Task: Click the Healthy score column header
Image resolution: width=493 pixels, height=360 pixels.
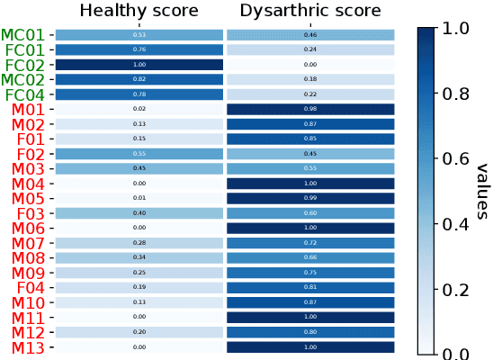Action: pos(139,11)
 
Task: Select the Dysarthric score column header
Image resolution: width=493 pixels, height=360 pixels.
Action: pos(310,11)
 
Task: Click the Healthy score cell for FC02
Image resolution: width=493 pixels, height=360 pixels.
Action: pos(139,65)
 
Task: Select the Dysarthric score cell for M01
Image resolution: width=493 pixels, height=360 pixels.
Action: pos(310,109)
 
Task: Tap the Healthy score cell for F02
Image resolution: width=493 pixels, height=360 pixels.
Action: pos(139,154)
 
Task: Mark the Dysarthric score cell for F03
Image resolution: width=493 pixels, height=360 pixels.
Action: pos(310,213)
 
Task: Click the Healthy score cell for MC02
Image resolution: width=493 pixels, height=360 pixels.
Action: pos(139,79)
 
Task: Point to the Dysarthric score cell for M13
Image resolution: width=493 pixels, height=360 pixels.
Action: pos(310,346)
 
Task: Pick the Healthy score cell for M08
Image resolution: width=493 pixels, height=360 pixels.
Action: pos(139,257)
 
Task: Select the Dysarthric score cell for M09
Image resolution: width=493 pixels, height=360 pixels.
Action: pos(310,273)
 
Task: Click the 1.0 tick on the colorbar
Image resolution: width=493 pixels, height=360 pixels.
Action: pos(458,28)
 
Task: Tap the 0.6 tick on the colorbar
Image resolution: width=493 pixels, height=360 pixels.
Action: pos(458,158)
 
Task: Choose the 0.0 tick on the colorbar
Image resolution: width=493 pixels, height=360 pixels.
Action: pos(458,354)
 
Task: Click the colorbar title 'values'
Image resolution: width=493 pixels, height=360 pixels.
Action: pos(481,190)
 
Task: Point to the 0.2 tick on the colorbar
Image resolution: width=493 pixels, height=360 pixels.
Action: pos(458,289)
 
